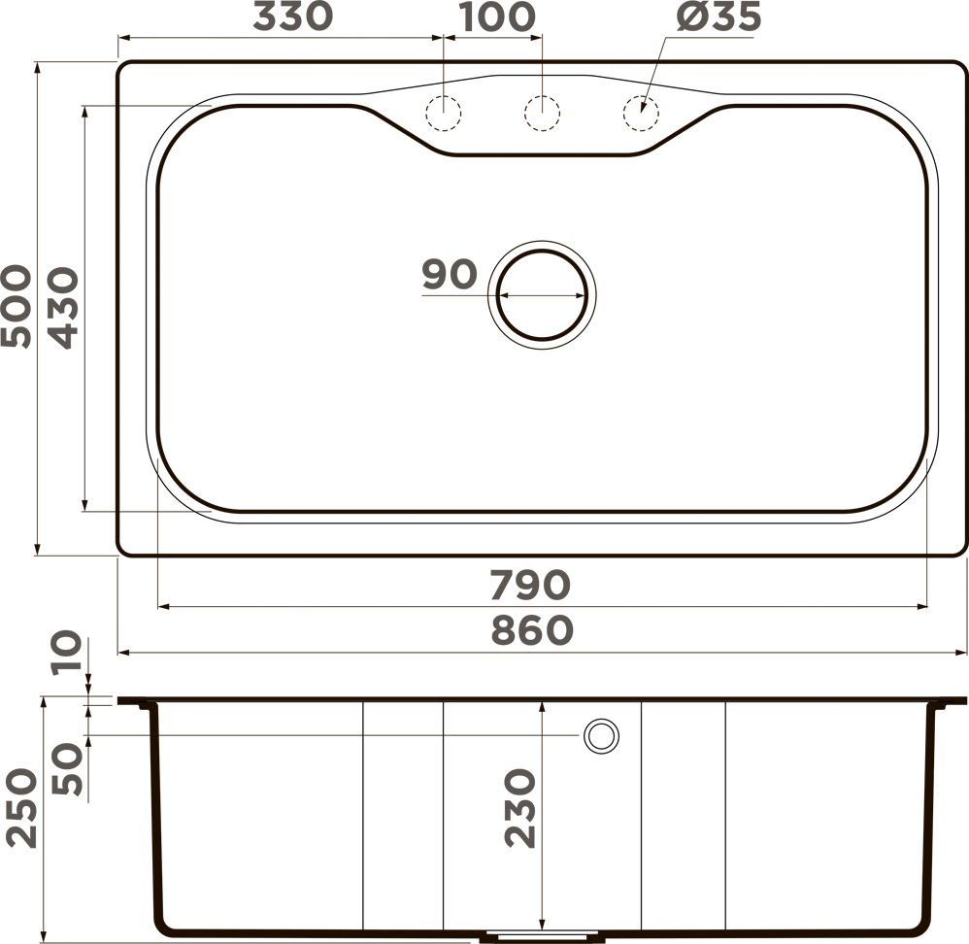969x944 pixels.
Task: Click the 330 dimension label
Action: tap(293, 17)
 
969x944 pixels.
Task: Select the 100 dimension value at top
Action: tap(497, 17)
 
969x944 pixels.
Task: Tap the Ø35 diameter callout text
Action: tap(718, 17)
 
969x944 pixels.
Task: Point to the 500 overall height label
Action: tap(17, 307)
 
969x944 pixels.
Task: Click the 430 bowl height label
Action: tap(64, 308)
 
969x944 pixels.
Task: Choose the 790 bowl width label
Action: tap(530, 585)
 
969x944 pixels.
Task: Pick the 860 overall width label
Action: tap(532, 630)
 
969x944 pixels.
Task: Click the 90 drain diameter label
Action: tap(450, 274)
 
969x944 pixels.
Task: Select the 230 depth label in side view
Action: tap(519, 807)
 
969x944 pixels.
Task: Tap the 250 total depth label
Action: tap(21, 807)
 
